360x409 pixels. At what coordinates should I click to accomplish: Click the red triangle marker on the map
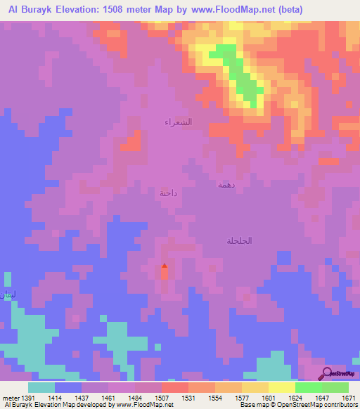coord(165,266)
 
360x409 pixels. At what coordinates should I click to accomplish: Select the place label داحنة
coord(168,193)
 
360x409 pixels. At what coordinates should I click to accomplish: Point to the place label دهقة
coord(225,185)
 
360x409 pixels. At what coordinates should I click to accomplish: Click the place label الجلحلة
coord(239,240)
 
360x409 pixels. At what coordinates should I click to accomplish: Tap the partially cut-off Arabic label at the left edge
coord(6,294)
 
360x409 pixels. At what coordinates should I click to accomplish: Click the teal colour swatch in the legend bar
coord(41,387)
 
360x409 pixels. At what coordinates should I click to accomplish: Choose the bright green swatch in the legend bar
coord(308,387)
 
